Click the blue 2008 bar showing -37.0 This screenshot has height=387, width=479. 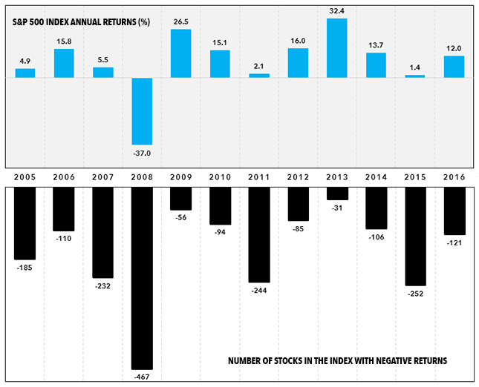pos(143,111)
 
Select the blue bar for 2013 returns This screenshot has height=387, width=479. pos(337,48)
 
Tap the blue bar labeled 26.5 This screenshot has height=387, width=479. pos(181,53)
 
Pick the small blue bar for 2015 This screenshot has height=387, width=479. pos(415,76)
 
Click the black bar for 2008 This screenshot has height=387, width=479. pos(143,278)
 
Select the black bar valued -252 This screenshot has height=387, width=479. pos(416,236)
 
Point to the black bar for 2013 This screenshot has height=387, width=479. pos(337,193)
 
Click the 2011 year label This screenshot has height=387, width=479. pos(259,178)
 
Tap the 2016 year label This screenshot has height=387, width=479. pos(454,178)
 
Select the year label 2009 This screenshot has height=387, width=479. pos(181,178)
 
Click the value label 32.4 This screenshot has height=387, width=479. pos(337,11)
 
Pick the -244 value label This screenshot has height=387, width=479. pos(259,290)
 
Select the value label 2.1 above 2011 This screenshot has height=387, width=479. pos(259,67)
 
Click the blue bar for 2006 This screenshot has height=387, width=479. pos(64,63)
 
